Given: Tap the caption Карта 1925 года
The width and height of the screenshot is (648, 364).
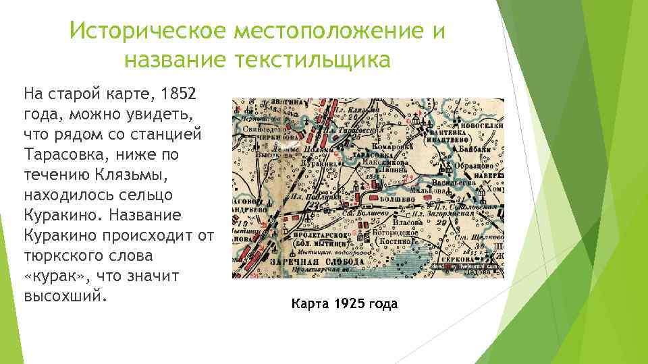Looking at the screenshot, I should coord(344,305).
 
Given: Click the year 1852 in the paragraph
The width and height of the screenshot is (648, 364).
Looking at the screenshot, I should coord(174,90).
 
